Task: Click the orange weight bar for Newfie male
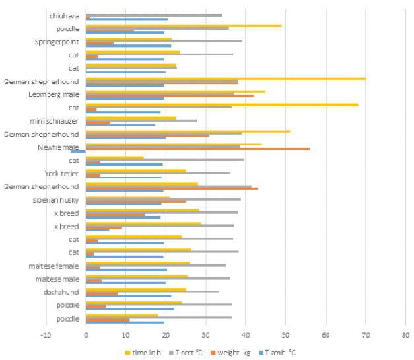point(198,149)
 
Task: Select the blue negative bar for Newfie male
point(79,151)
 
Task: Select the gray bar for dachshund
point(152,291)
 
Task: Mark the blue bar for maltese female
point(126,270)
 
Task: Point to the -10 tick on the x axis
point(46,334)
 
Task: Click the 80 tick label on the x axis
point(405,334)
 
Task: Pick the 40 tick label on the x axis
point(246,334)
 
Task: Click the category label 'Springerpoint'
point(57,42)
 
